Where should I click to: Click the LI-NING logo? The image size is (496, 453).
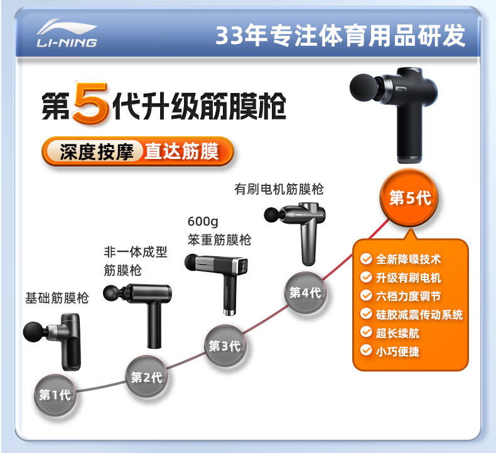(67, 33)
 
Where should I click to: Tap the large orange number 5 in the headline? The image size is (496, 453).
(91, 102)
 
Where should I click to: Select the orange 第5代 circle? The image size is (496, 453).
(409, 197)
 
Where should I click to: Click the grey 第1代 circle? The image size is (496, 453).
(55, 395)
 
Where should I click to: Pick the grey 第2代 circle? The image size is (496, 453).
(147, 377)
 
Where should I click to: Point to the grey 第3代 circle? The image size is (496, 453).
(225, 346)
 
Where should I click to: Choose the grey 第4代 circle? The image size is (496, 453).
(306, 293)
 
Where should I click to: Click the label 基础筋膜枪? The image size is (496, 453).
(57, 298)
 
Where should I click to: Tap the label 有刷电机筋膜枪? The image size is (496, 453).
(279, 189)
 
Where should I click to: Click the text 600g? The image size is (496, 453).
(203, 222)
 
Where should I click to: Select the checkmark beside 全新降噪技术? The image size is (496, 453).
(366, 259)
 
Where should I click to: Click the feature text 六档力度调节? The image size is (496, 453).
(408, 296)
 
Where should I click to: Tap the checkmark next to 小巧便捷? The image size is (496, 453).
(366, 351)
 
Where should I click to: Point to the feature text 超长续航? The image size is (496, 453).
(397, 333)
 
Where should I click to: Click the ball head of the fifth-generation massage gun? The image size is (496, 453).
(364, 87)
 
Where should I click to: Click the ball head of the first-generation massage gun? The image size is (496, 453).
(34, 332)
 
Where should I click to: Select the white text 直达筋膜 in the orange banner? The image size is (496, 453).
(181, 151)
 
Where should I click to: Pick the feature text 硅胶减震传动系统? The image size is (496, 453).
(419, 314)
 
